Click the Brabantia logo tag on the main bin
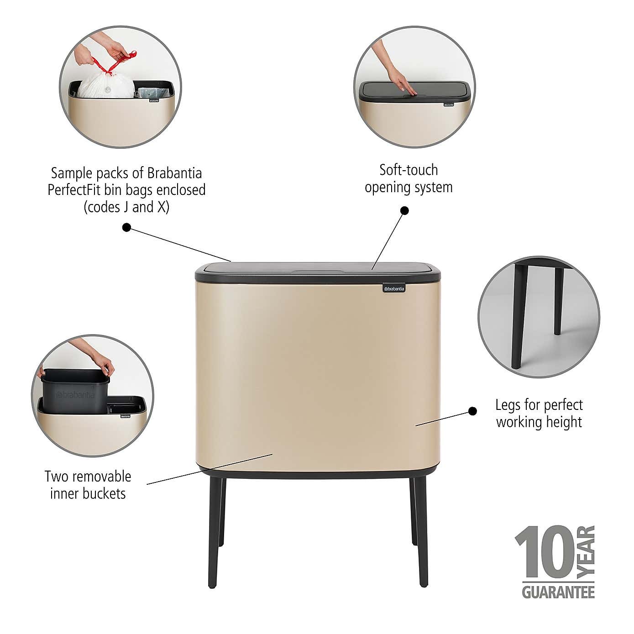pos(393,288)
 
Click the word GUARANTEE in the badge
pos(558,592)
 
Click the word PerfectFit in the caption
pos(74,190)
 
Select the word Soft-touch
pos(409,170)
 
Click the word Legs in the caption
pos(508,405)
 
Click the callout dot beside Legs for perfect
pos(473,411)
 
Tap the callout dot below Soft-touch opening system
pos(404,210)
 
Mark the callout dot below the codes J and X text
pos(127,227)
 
